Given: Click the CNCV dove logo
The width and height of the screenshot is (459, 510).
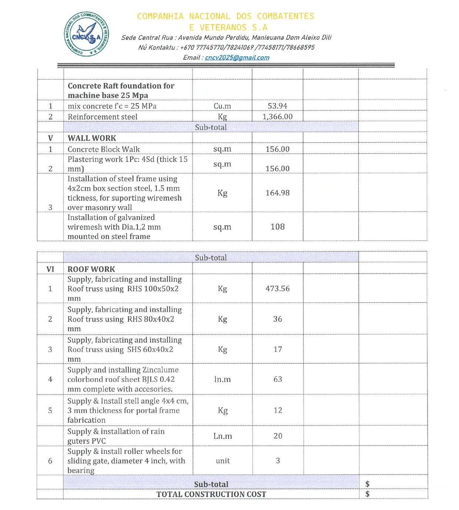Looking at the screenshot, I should click(x=87, y=34).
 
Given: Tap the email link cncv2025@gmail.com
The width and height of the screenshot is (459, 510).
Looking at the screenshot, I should click(x=237, y=57).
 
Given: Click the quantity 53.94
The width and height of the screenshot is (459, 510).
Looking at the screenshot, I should click(x=277, y=106).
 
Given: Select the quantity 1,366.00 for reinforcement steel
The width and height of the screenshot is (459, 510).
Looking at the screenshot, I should click(x=277, y=117).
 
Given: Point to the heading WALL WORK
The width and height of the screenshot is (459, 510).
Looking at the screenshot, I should click(x=92, y=138).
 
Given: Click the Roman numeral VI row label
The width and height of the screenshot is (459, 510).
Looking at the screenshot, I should click(x=50, y=269).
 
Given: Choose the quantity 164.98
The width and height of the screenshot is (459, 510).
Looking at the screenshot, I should click(x=277, y=193).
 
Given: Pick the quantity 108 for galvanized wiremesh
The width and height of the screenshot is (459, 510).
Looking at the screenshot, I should click(x=277, y=227).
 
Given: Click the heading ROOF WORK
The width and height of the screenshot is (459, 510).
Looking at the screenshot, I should click(x=91, y=269).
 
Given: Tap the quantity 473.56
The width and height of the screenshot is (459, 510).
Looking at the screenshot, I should click(x=277, y=288).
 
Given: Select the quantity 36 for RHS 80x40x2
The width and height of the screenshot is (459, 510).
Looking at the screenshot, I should click(x=277, y=319).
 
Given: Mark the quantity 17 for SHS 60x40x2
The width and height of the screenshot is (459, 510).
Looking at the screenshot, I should click(x=277, y=349).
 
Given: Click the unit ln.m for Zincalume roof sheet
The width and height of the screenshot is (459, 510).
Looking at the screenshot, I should click(x=222, y=379).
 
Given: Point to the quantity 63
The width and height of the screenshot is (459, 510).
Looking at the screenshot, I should click(x=277, y=379).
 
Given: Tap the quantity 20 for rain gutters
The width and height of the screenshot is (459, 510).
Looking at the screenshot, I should click(x=278, y=436).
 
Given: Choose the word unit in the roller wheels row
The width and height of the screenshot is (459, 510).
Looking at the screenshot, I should click(x=222, y=461).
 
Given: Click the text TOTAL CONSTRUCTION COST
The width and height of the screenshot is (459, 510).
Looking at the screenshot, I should click(x=211, y=494).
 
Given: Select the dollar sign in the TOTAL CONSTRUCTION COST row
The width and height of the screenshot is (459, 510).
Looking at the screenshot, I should click(x=367, y=494).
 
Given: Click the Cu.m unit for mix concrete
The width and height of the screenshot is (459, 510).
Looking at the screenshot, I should click(x=222, y=106).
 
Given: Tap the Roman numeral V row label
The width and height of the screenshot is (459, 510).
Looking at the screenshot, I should click(x=50, y=138).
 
